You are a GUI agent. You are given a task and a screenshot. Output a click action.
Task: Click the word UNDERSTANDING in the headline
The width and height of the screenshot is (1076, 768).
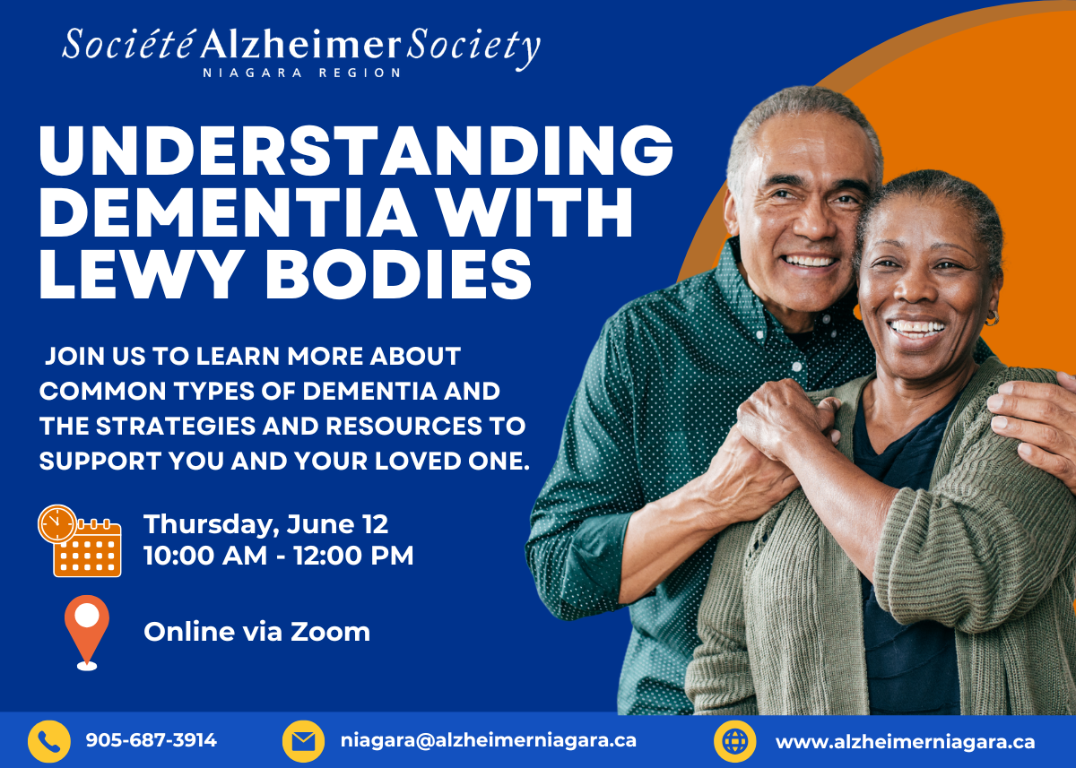(x=356, y=151)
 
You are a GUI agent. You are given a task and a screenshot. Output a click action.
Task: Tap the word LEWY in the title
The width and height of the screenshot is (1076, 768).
(x=138, y=274)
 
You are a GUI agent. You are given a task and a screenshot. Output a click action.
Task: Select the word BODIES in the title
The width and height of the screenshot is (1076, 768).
(x=399, y=274)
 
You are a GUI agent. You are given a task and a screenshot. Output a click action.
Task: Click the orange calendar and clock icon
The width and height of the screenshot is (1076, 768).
(x=80, y=540)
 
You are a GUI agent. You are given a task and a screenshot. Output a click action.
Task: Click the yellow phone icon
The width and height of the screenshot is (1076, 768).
(x=49, y=742)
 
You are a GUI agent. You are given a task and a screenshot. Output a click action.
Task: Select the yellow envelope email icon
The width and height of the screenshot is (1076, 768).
(x=303, y=742)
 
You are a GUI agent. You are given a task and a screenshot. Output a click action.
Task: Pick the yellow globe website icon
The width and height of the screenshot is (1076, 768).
(x=735, y=742)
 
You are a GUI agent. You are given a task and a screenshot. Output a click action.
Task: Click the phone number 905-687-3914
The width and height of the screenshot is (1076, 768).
(x=152, y=740)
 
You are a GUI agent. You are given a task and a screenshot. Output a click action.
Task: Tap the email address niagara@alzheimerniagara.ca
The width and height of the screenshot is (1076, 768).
(x=489, y=740)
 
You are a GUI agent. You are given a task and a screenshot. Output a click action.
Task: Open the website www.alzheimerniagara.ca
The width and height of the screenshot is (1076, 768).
(x=906, y=742)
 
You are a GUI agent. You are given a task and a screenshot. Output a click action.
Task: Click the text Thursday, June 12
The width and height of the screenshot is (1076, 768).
(x=265, y=524)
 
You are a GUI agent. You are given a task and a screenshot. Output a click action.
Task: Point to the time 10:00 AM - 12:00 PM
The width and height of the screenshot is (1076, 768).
(x=279, y=556)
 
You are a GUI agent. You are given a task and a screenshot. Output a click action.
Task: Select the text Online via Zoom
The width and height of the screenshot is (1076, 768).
(x=257, y=631)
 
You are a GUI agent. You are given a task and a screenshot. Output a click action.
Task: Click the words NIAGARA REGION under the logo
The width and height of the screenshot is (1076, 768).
(x=301, y=73)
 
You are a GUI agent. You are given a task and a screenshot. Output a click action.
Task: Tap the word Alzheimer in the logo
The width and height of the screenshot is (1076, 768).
(x=300, y=44)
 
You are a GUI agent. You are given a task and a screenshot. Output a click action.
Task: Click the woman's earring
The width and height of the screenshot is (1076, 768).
(x=991, y=318)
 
